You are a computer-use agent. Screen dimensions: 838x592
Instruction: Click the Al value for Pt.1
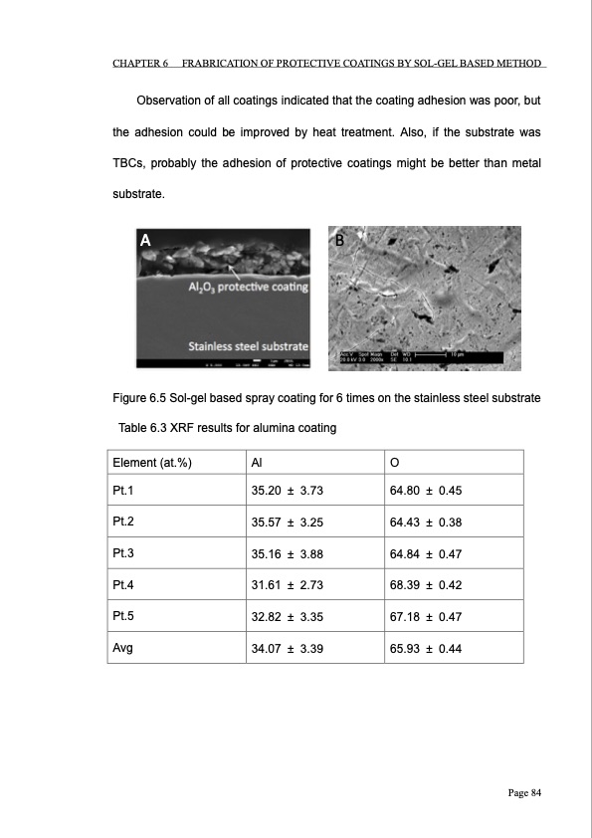[x=287, y=492]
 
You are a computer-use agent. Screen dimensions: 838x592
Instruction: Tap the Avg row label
[x=124, y=647]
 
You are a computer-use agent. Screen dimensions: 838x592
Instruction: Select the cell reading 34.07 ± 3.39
[x=287, y=647]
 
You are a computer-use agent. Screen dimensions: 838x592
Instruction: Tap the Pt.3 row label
[x=124, y=553]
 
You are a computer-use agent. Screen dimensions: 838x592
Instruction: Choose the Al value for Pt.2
[x=287, y=523]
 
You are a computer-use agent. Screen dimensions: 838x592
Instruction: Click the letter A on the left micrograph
[x=145, y=240]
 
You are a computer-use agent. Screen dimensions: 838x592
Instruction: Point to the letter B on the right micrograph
[x=339, y=240]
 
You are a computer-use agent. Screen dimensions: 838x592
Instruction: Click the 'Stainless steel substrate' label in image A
[x=248, y=345]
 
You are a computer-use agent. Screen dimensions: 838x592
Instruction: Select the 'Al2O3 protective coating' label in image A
[x=248, y=287]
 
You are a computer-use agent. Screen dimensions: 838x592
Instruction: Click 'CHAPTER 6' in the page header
[x=138, y=65]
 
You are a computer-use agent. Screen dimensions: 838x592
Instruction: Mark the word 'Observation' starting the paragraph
[x=172, y=102]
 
